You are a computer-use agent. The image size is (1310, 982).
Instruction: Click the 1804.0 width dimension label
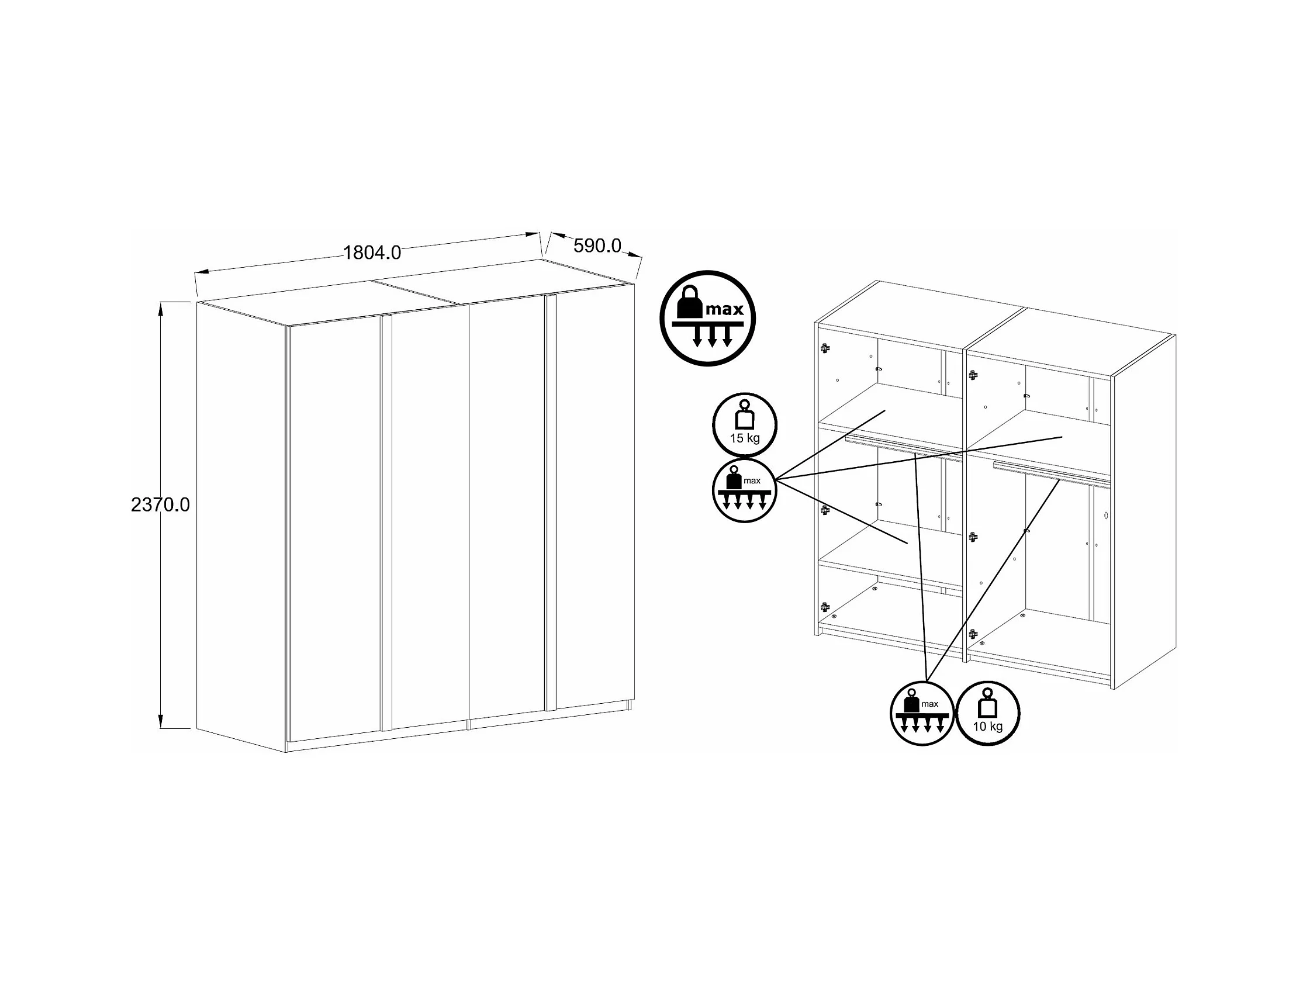pos(372,253)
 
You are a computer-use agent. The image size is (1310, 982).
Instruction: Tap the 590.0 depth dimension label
pos(597,246)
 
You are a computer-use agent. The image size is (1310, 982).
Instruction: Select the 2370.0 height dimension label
pos(161,504)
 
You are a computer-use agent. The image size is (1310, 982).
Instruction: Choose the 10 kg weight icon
pos(988,713)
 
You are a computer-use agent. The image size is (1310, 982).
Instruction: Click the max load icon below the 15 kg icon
pos(744,490)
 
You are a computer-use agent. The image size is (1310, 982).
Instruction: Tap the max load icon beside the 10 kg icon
pos(922,713)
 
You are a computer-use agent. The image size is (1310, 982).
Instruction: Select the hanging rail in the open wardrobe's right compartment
pos(1051,475)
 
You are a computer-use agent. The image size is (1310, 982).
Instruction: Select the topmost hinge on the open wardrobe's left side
pos(824,348)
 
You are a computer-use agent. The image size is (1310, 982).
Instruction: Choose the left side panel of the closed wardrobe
pos(241,527)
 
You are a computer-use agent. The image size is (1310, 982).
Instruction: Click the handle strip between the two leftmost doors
pos(386,523)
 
